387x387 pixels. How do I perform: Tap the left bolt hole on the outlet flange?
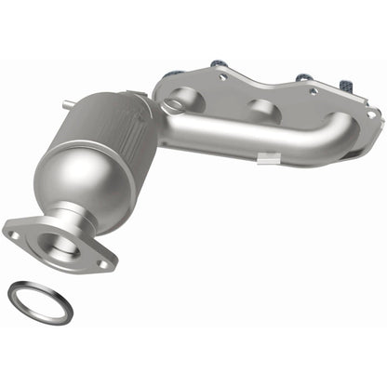tap(15, 236)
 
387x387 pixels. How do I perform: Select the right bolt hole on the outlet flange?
tap(103, 263)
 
